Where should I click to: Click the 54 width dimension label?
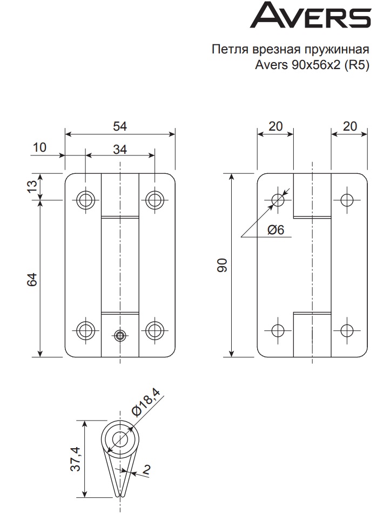120,126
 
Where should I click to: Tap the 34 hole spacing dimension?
120,150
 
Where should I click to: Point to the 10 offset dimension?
39,147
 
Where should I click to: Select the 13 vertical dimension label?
33,186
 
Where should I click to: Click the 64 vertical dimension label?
33,279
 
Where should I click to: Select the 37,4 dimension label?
76,459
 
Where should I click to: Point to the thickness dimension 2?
147,470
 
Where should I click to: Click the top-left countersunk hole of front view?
85,200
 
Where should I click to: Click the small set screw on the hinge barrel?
120,336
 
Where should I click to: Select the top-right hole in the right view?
347,200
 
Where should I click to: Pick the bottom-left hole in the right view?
278,330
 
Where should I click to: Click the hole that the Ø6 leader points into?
278,200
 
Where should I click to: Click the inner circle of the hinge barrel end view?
120,437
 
